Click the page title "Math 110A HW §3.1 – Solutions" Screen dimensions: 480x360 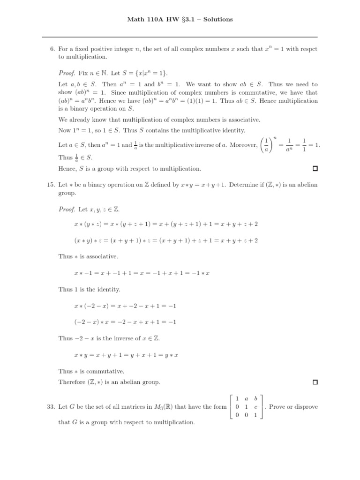[180, 20]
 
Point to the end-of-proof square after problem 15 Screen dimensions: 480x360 [315, 382]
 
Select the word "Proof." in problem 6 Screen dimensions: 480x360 [66, 74]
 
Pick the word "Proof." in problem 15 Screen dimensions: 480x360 [66, 209]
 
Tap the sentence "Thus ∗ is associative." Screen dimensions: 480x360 [88, 256]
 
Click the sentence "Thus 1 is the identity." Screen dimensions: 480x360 [90, 289]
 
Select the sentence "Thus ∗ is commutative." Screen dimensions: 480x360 [90, 371]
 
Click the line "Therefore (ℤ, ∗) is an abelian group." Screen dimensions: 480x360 [109, 382]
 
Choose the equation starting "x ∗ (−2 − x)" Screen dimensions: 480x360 [124, 306]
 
